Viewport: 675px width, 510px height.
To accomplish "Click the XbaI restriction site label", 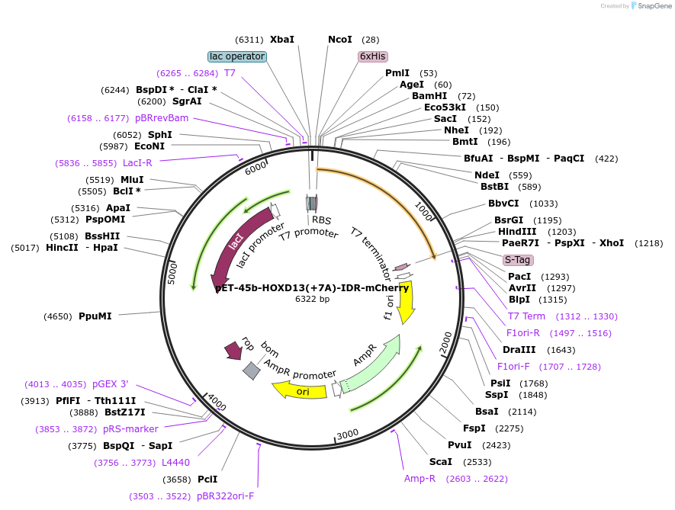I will [x=282, y=40].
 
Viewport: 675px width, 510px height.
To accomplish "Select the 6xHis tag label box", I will [x=373, y=56].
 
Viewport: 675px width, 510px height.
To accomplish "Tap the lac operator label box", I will [x=237, y=56].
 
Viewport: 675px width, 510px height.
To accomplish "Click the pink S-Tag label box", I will [x=518, y=260].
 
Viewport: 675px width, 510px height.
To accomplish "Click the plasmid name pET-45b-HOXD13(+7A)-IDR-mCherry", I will [x=312, y=288].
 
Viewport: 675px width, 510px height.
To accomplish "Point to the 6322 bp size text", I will [x=312, y=300].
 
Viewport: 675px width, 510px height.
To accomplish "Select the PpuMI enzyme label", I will [x=95, y=316].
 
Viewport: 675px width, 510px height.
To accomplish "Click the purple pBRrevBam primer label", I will [x=162, y=118].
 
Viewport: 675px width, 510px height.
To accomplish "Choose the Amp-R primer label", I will [x=419, y=479].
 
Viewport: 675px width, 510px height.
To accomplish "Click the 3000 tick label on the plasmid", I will [x=347, y=434].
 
